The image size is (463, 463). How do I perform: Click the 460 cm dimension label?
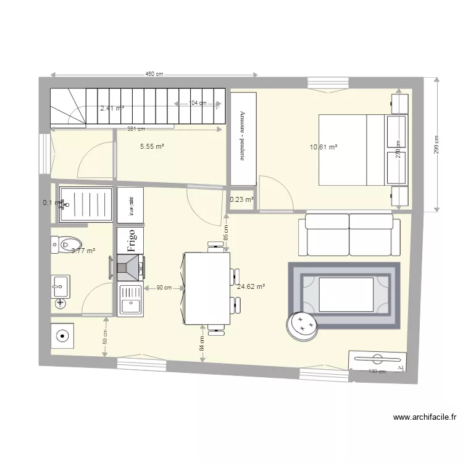tap(154, 74)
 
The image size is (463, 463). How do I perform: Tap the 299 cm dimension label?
tap(436, 145)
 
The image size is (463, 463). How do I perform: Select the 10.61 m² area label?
tap(324, 147)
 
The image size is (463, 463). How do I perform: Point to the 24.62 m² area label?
tap(251, 286)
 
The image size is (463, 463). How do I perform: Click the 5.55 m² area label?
tap(152, 146)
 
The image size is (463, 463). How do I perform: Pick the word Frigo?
tap(131, 239)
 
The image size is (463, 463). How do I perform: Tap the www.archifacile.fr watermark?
tap(425, 418)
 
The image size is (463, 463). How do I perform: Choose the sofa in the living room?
tap(349, 235)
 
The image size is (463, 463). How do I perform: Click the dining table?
tap(207, 288)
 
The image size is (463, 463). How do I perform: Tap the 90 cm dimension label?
tap(164, 288)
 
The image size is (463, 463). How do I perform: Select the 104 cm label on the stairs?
tap(198, 103)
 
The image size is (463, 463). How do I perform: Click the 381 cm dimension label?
tap(136, 129)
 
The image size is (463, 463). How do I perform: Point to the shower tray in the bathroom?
tap(86, 204)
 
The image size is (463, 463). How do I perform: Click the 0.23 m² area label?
tap(241, 199)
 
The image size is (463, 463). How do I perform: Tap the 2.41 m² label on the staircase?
tap(112, 108)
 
